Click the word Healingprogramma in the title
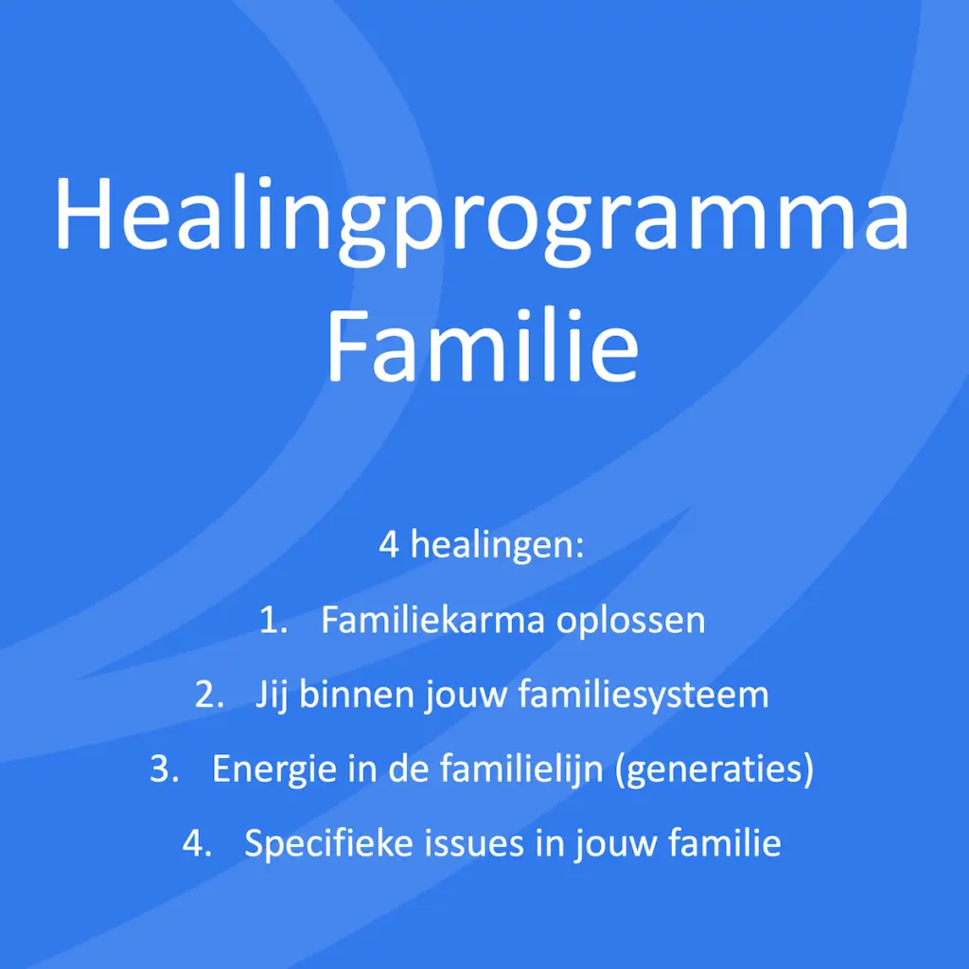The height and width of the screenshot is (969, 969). coord(483,216)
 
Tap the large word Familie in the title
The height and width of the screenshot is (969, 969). coord(483,344)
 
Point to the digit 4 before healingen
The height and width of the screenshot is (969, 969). coord(389,546)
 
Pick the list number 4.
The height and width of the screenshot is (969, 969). coord(197,843)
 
